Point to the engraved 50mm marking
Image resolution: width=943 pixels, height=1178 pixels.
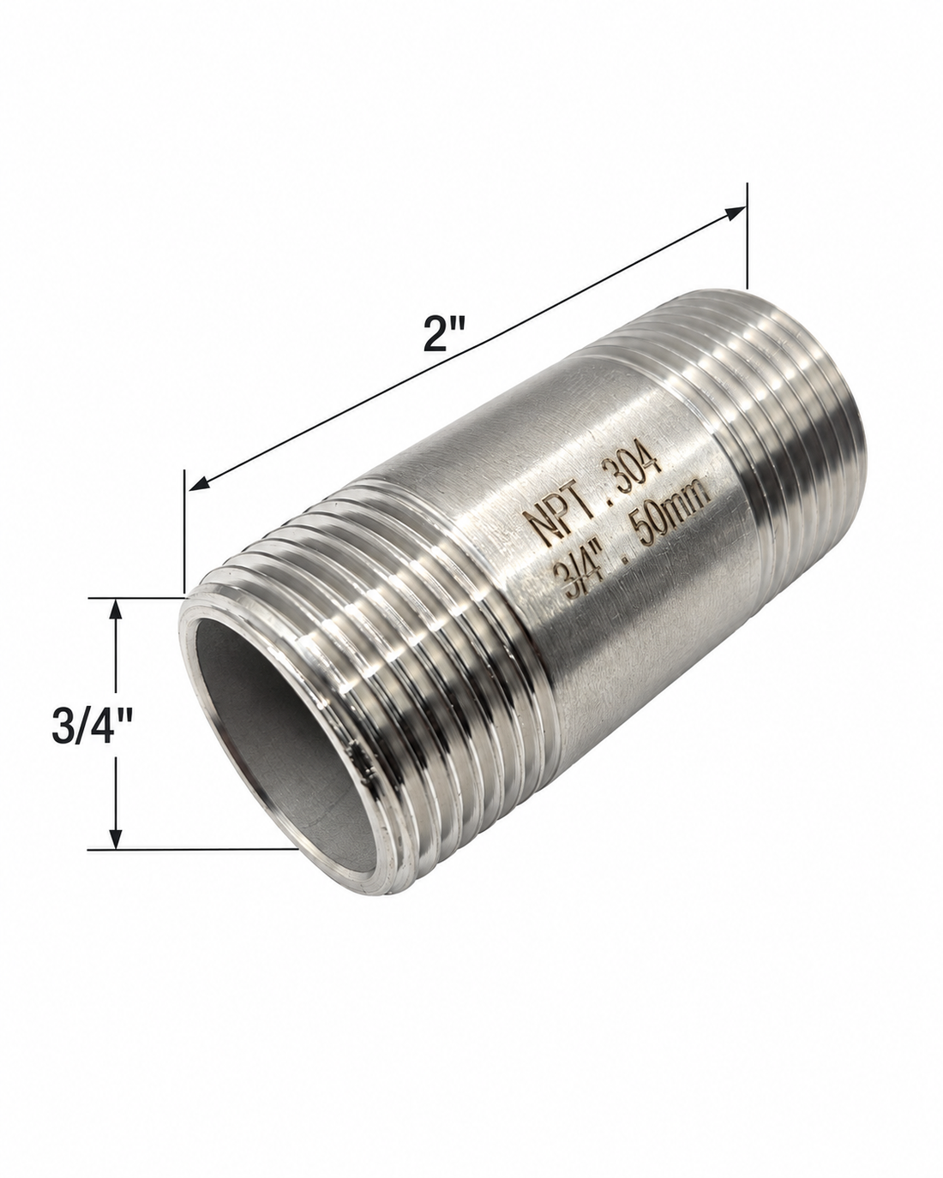tap(674, 515)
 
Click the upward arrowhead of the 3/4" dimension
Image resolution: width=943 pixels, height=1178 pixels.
tap(116, 609)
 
